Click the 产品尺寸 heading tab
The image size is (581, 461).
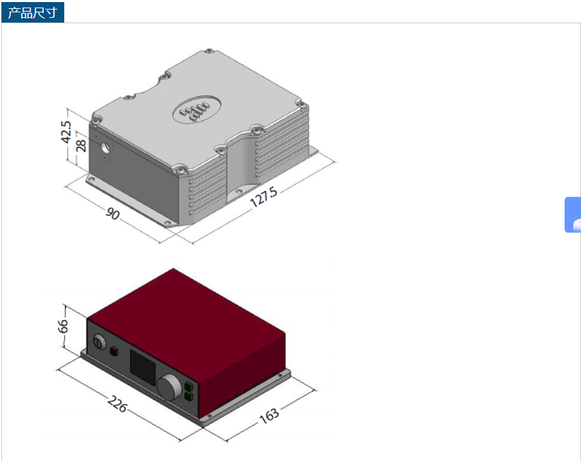tap(33, 12)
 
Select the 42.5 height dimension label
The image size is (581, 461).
tap(66, 131)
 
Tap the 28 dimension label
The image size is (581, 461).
tap(81, 146)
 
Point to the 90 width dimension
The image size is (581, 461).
tap(113, 213)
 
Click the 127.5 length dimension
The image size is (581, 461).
tap(263, 197)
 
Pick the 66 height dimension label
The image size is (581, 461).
tap(63, 326)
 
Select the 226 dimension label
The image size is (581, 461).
tap(118, 404)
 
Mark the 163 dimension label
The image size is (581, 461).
tap(269, 415)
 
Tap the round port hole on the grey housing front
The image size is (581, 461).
tap(106, 147)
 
